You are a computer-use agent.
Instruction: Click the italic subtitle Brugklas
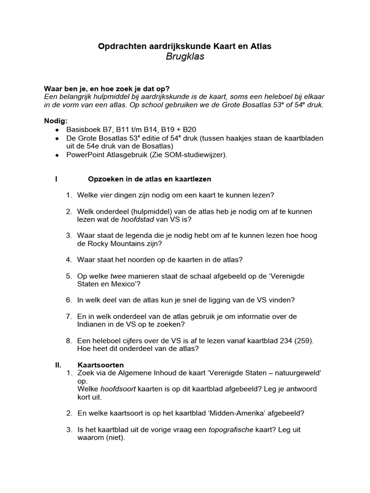click(185, 57)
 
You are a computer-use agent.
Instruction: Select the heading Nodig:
click(56, 120)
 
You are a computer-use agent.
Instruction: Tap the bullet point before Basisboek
click(57, 130)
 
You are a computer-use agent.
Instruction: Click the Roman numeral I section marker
click(57, 179)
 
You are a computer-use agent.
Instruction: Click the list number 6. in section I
click(69, 299)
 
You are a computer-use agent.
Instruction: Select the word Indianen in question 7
click(92, 324)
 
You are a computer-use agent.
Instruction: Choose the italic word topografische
click(231, 429)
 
